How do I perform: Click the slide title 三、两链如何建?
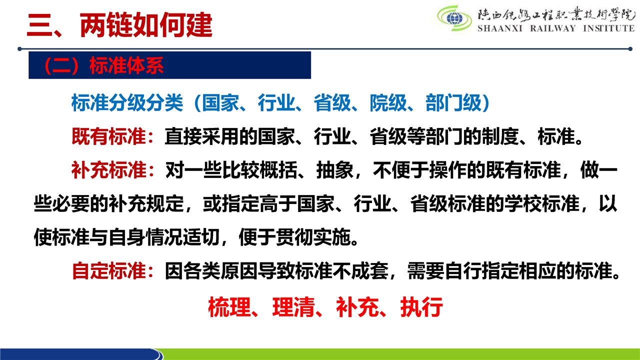tap(119, 25)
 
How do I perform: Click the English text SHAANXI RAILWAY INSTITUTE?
tap(556, 28)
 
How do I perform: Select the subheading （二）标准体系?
tap(103, 65)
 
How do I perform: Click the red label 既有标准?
tap(109, 136)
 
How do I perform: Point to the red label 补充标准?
tap(109, 170)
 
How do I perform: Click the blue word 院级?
tap(388, 103)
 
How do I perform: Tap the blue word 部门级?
tap(453, 103)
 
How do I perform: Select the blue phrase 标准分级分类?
tap(127, 103)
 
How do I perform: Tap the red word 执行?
tap(421, 307)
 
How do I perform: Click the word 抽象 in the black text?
tap(335, 170)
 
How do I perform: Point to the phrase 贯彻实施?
tap(313, 237)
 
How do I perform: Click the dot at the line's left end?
tap(19, 49)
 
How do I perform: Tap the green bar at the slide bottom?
tap(400, 354)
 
